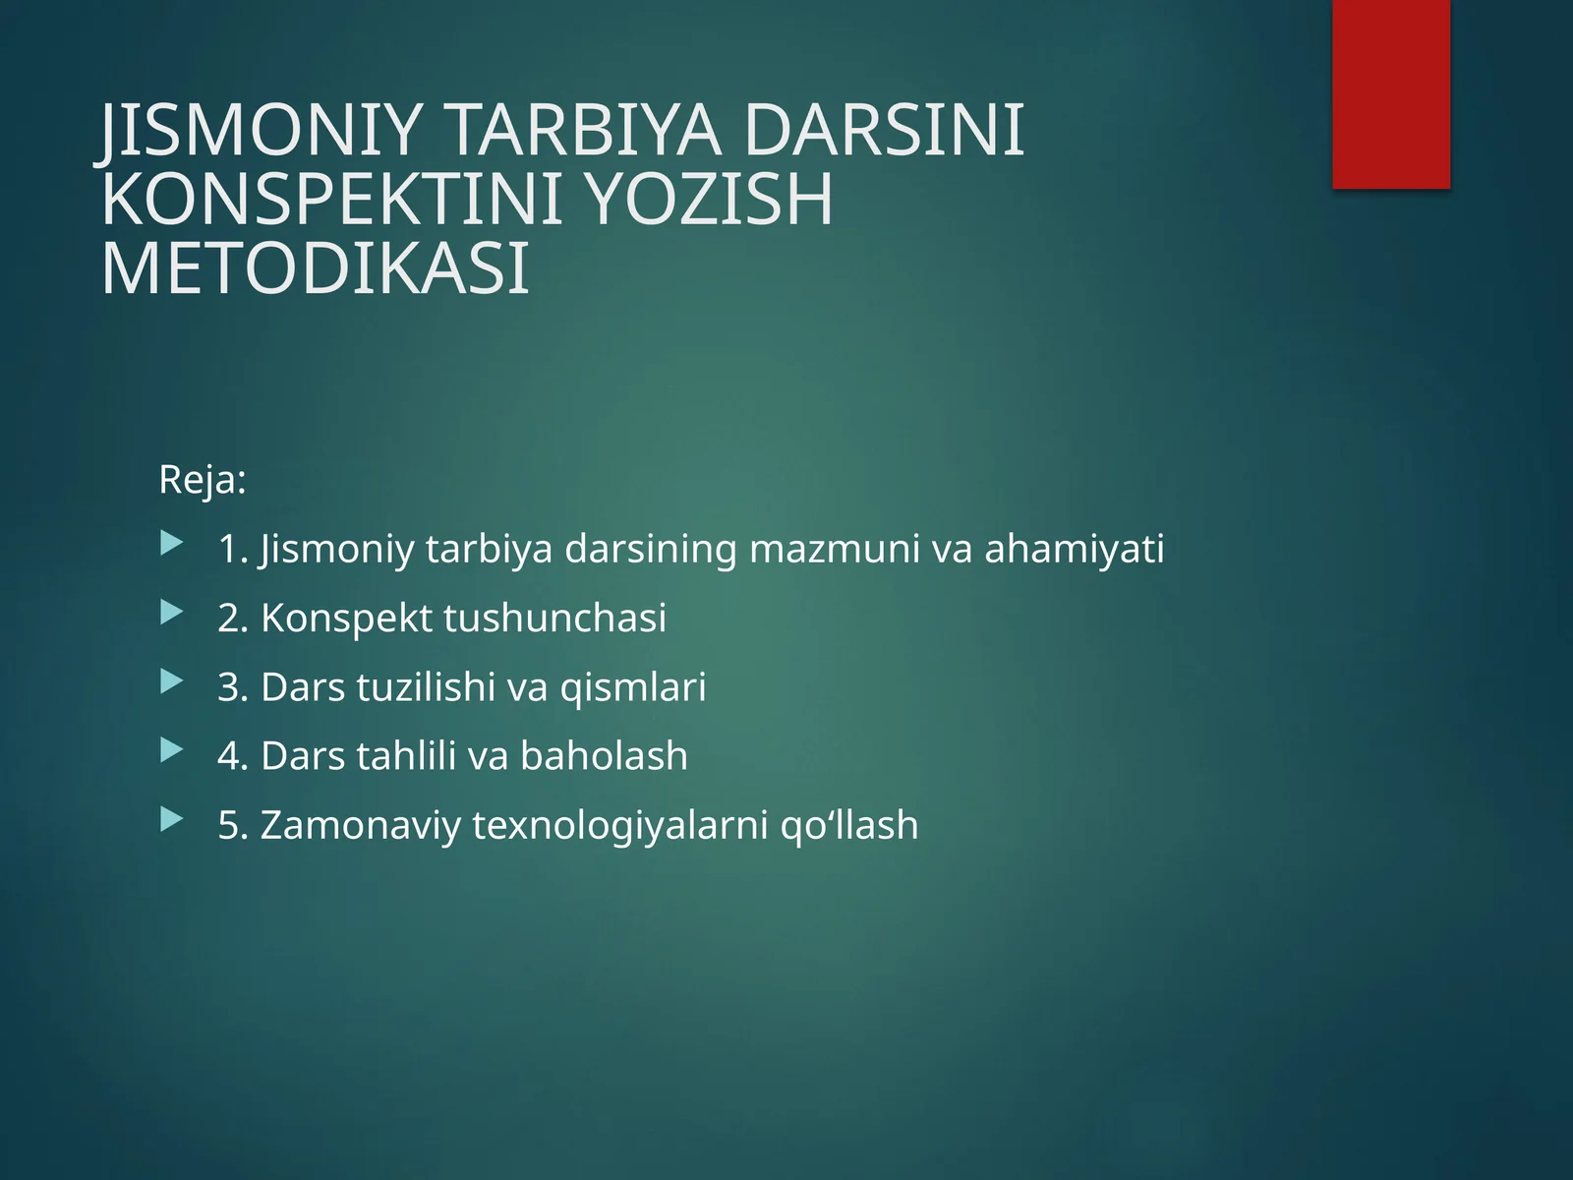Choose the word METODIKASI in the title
pos(316,268)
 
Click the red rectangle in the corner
pos(1391,93)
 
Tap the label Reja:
pos(202,481)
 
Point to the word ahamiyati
pos(1075,549)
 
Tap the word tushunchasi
pos(555,618)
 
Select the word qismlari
pos(633,686)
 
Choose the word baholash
pos(604,755)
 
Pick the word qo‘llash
pos(849,824)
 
